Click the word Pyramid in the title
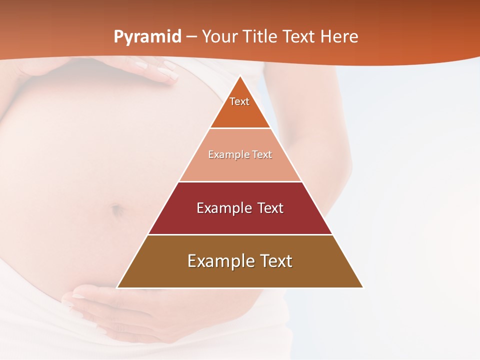pos(147,36)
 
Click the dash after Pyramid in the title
pos(191,37)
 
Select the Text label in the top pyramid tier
pos(239,101)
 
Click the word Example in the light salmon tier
pos(226,154)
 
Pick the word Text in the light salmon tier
pos(262,154)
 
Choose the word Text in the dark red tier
pos(270,208)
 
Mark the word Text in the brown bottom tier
pos(275,261)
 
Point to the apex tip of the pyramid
pos(240,76)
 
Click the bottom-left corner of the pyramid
pos(117,287)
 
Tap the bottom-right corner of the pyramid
pos(363,287)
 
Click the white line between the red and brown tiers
pos(240,234)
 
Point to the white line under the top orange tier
pos(240,128)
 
